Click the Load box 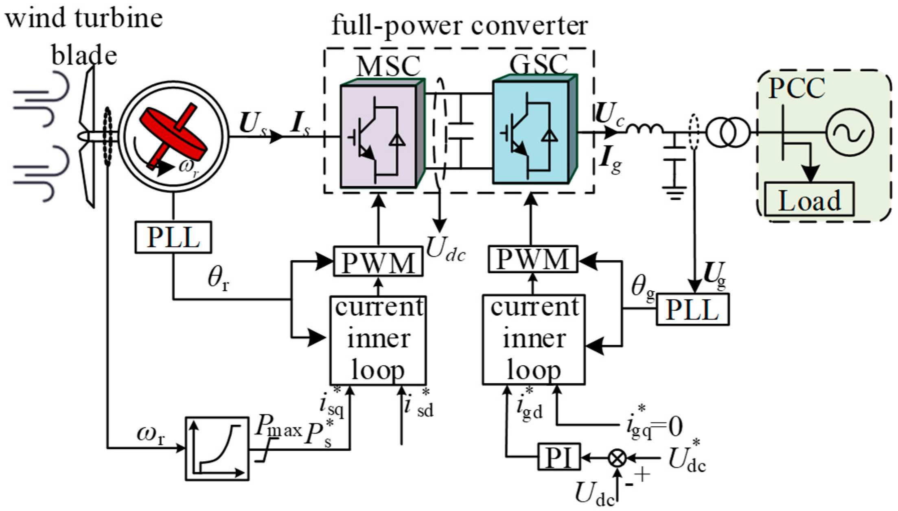pyautogui.click(x=808, y=200)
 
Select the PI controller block pyautogui.click(x=559, y=457)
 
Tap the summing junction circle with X pyautogui.click(x=617, y=458)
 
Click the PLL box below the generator pyautogui.click(x=173, y=237)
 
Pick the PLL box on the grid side pyautogui.click(x=692, y=310)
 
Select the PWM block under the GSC pyautogui.click(x=532, y=259)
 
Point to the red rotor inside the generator pyautogui.click(x=173, y=136)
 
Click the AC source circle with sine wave pyautogui.click(x=850, y=132)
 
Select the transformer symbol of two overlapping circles pyautogui.click(x=727, y=132)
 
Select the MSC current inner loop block pyautogui.click(x=378, y=340)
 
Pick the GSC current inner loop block pyautogui.click(x=533, y=340)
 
